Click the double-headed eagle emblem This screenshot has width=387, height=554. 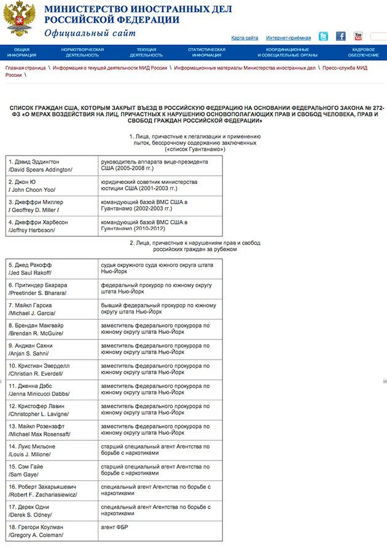pyautogui.click(x=18, y=20)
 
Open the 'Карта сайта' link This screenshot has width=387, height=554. pyautogui.click(x=244, y=38)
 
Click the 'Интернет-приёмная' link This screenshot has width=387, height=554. pyautogui.click(x=288, y=38)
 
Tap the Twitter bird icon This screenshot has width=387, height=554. pyautogui.click(x=323, y=36)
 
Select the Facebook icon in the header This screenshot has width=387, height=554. pyautogui.click(x=340, y=36)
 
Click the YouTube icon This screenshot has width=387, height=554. pyautogui.click(x=358, y=36)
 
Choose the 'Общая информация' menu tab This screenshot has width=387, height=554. pyautogui.click(x=21, y=52)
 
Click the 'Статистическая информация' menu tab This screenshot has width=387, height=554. pyautogui.click(x=206, y=52)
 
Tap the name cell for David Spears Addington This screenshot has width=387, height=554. pyautogui.click(x=52, y=165)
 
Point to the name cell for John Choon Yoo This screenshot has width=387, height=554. pyautogui.click(x=52, y=186)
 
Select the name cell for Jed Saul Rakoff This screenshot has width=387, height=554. pyautogui.click(x=52, y=268)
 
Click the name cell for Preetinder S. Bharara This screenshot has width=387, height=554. pyautogui.click(x=52, y=289)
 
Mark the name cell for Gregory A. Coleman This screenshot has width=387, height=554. pyautogui.click(x=52, y=531)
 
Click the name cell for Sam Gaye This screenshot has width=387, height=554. pyautogui.click(x=52, y=470)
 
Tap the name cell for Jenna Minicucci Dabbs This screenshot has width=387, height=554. pyautogui.click(x=52, y=390)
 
